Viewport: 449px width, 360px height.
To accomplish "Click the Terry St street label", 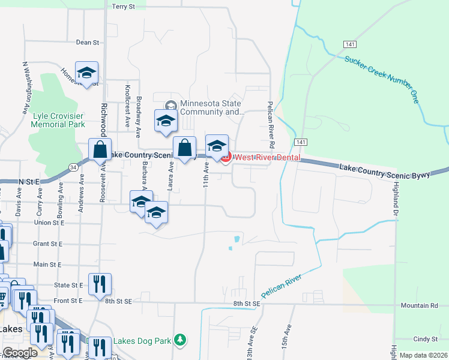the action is pyautogui.click(x=124, y=6).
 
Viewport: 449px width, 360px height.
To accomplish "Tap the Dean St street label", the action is pyautogui.click(x=87, y=43).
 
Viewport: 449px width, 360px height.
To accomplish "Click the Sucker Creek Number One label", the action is pyautogui.click(x=382, y=79).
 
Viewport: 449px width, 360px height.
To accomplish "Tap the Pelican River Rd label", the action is pyautogui.click(x=271, y=125).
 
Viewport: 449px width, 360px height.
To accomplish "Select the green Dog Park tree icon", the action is pyautogui.click(x=179, y=340).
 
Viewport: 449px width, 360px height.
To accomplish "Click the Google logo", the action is pyautogui.click(x=20, y=353).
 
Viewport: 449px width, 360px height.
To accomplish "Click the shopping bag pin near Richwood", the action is pyautogui.click(x=100, y=149).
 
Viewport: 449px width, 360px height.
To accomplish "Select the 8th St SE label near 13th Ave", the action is pyautogui.click(x=247, y=304).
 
